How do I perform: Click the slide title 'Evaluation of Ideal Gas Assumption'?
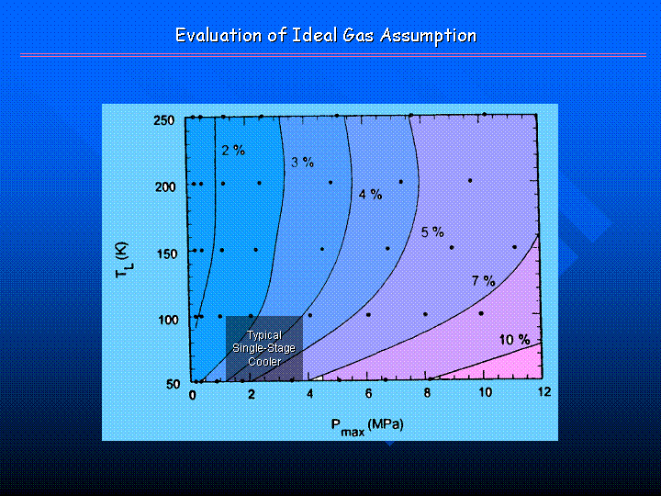(x=326, y=36)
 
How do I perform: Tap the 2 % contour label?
(x=233, y=150)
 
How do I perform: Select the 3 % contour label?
(x=302, y=162)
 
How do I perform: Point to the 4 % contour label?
(x=370, y=195)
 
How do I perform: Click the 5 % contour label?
(x=432, y=231)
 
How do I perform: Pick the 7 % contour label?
(x=483, y=280)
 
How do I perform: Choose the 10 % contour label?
(x=514, y=340)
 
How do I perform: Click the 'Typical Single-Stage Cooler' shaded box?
(x=264, y=348)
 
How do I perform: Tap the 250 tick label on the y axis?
(x=164, y=120)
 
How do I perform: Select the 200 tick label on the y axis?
(x=165, y=186)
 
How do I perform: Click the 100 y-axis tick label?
(x=168, y=320)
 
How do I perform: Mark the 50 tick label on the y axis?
(x=174, y=384)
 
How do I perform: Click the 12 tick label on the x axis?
(x=544, y=392)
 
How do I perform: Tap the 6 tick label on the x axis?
(x=368, y=393)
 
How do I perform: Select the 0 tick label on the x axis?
(x=193, y=395)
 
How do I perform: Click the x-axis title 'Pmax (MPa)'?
(x=367, y=427)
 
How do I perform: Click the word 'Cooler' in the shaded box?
(x=264, y=362)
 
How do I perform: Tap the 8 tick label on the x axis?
(x=427, y=393)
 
